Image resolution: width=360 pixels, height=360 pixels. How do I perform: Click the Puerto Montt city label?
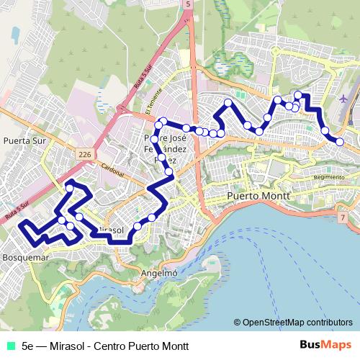coord(258,196)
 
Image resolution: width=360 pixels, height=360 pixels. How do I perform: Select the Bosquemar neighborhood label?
coord(25,256)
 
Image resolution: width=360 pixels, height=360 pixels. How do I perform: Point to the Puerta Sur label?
coord(24,141)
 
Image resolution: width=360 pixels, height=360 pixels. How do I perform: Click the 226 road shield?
coord(85,154)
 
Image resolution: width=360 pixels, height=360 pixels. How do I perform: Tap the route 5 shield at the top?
coord(188,4)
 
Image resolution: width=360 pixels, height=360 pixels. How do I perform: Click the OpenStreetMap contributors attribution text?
coord(297,322)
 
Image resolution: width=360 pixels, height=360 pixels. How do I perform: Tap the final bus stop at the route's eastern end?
coord(340,142)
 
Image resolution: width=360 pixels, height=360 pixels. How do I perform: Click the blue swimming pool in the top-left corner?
coord(14,32)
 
